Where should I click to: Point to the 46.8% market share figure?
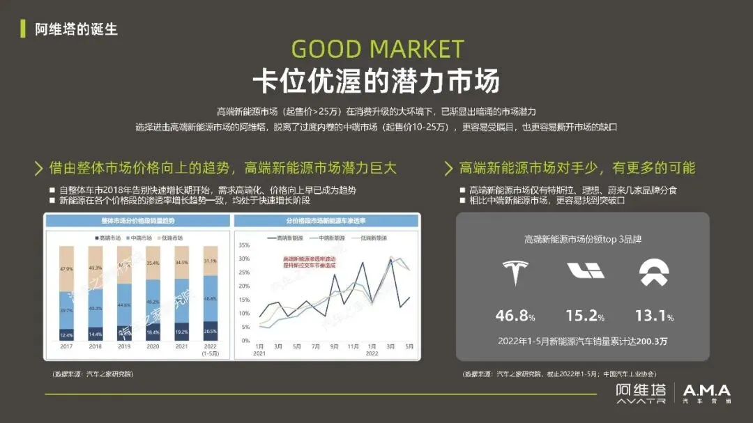tap(515, 316)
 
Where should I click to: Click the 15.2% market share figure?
tap(584, 316)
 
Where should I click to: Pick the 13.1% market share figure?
tap(653, 316)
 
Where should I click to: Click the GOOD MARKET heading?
tap(376, 49)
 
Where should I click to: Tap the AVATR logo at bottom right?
tap(640, 393)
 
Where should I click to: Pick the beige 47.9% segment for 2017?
tap(67, 268)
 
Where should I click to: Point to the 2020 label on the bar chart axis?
tap(153, 346)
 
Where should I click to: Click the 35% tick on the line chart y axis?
tap(243, 245)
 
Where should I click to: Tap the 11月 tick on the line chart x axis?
tap(353, 346)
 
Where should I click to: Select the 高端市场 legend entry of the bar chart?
tap(109, 238)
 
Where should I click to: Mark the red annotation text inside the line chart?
tap(304, 263)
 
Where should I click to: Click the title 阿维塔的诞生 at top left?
tap(76, 29)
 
